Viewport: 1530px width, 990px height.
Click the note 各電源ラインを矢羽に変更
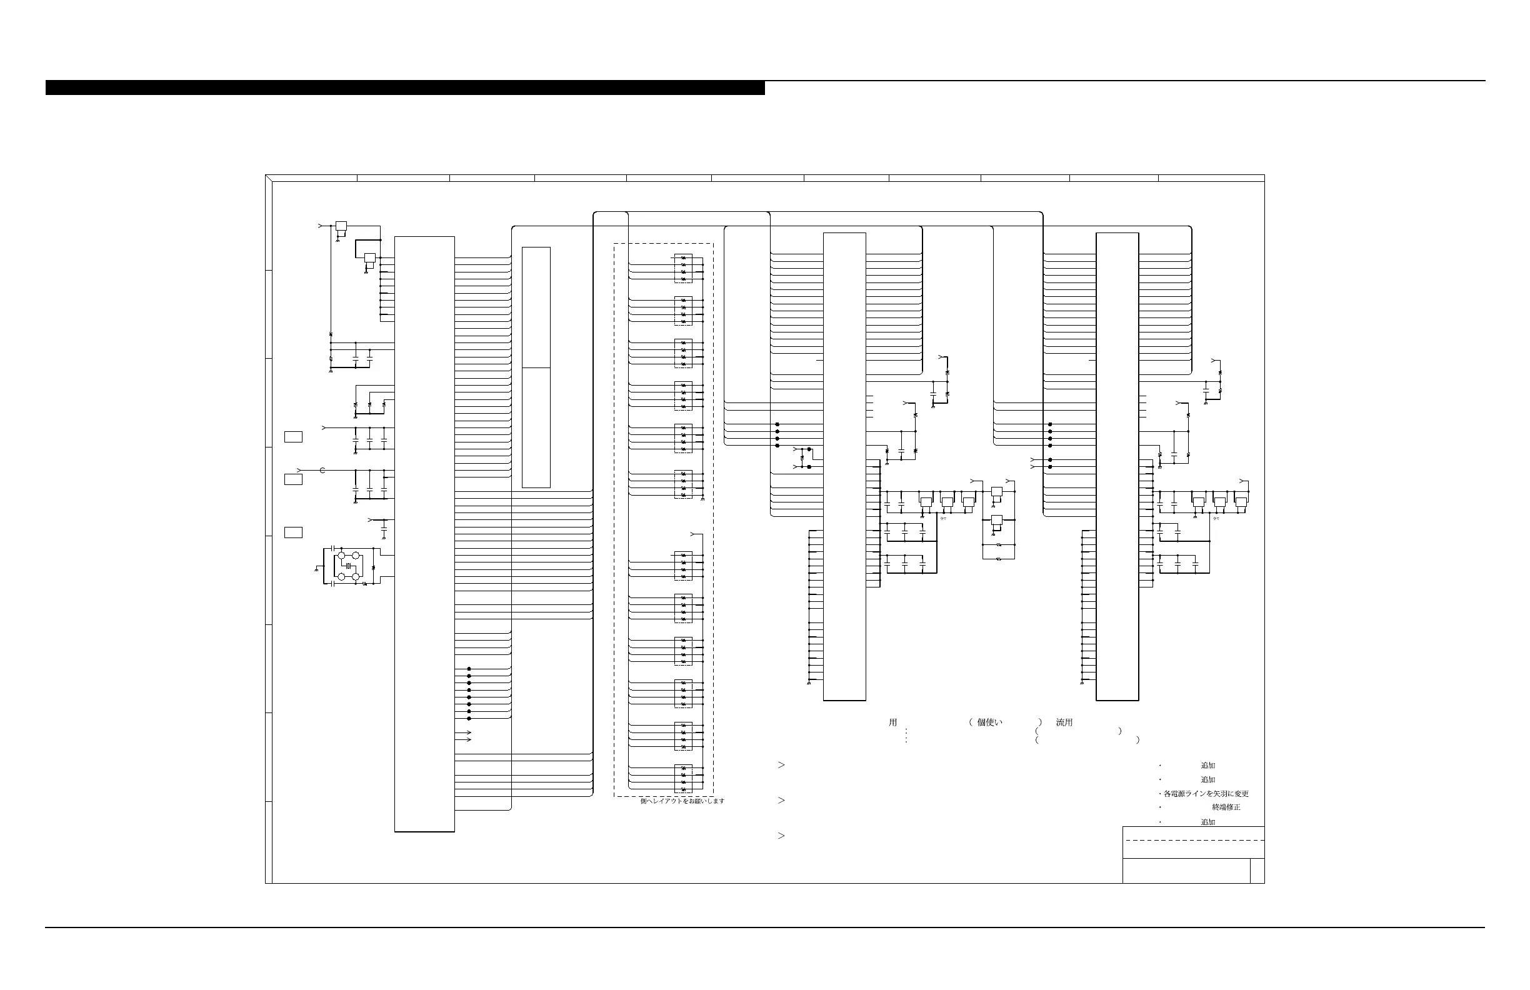[1206, 794]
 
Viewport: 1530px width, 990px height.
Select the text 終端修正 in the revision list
[1226, 807]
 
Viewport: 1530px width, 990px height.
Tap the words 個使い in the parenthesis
[989, 722]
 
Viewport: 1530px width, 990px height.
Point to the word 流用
[1064, 722]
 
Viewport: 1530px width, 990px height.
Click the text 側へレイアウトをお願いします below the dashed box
[682, 801]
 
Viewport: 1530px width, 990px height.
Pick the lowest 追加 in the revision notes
[1208, 822]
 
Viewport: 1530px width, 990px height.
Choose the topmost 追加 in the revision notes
[1208, 766]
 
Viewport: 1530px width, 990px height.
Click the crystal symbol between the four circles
[348, 566]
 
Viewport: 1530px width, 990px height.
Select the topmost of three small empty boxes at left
[293, 437]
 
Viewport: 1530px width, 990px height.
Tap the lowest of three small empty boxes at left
[293, 532]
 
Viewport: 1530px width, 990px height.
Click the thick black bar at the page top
[405, 87]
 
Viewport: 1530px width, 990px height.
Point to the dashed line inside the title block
[1193, 840]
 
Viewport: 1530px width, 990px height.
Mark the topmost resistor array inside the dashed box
[683, 269]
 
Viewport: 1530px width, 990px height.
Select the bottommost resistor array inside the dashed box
[683, 779]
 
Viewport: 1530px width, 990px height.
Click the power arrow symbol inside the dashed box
[693, 534]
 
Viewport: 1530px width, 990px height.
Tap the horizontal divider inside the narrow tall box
[536, 367]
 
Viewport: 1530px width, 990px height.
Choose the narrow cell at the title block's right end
[1257, 871]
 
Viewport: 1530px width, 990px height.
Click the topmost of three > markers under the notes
[782, 765]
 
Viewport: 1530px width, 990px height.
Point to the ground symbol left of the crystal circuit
[317, 569]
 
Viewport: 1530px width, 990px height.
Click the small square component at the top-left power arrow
[341, 226]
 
